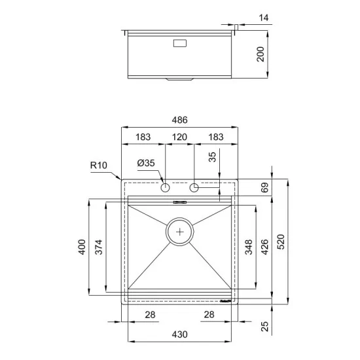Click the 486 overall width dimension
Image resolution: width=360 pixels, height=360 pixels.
pos(180,120)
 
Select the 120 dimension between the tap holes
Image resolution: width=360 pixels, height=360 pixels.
pos(180,137)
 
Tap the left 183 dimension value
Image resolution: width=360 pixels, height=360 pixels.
pos(143,137)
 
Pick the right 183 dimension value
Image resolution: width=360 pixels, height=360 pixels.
pos(215,137)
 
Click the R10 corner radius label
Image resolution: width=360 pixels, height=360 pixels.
pos(99,165)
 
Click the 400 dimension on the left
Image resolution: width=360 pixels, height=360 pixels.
pos(81,247)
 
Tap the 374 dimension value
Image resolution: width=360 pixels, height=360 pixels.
pos(98,247)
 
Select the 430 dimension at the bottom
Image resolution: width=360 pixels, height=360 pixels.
pos(180,334)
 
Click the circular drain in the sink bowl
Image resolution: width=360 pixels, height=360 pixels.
pos(180,231)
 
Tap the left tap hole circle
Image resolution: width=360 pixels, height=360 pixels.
pos(165,189)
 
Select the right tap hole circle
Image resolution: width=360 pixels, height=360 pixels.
pos(194,189)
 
